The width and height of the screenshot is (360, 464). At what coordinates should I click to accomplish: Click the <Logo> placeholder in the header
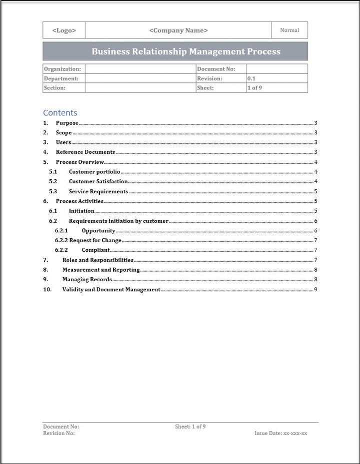tap(64, 30)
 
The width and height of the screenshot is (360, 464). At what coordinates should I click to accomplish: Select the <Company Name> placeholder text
tap(178, 30)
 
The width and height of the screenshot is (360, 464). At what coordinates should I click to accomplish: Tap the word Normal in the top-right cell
tap(289, 30)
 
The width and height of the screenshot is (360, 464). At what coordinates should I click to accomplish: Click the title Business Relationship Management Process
tap(186, 51)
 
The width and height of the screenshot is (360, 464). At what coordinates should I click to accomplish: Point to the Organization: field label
tap(62, 69)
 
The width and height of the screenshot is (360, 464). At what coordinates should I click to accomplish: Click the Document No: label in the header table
tap(216, 69)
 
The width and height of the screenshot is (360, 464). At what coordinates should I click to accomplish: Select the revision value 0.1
tap(251, 78)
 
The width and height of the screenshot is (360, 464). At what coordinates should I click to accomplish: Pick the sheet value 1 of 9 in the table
tap(255, 88)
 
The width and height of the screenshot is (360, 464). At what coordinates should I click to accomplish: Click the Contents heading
tap(60, 113)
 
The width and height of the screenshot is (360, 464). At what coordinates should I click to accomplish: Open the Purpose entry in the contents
tap(67, 123)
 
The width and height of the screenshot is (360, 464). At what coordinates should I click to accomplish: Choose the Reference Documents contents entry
tap(85, 152)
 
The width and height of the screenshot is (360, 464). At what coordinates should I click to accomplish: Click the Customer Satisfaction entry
tap(98, 181)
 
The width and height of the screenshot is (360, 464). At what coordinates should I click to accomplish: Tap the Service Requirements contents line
tap(98, 191)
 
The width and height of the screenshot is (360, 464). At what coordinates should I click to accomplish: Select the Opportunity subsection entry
tap(98, 231)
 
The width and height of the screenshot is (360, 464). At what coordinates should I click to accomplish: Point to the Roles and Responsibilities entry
tap(97, 260)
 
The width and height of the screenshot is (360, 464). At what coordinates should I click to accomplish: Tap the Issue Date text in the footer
tap(281, 433)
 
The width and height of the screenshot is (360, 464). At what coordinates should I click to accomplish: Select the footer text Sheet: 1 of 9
tap(190, 427)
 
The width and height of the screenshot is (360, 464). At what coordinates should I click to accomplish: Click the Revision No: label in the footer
tap(59, 433)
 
